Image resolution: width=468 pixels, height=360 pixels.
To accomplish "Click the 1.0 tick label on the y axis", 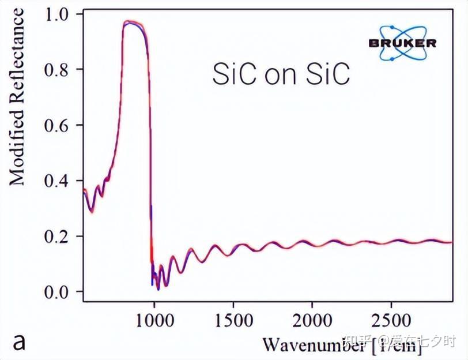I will pos(56,14).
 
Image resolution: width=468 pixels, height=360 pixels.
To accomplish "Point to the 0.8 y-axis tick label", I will pos(56,70).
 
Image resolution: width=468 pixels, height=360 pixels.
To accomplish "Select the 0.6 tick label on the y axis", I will pos(56,125).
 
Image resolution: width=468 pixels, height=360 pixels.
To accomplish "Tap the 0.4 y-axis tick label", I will pos(56,181).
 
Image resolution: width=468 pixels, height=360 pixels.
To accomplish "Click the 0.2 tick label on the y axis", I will pos(56,237).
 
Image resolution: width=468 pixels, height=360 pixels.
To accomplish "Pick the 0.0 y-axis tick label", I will pos(56,292).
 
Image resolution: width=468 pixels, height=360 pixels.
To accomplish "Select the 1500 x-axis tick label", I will pos(233,320).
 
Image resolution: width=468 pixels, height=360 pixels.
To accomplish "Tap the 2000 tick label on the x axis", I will pos(312,320).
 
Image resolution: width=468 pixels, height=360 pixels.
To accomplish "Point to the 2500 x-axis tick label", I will pos(391,320).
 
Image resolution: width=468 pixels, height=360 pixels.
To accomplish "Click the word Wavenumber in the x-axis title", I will pos(313,344).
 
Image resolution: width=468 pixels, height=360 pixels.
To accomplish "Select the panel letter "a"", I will pos(20,342).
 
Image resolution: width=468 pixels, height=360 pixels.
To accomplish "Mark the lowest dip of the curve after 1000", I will pos(158,288).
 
